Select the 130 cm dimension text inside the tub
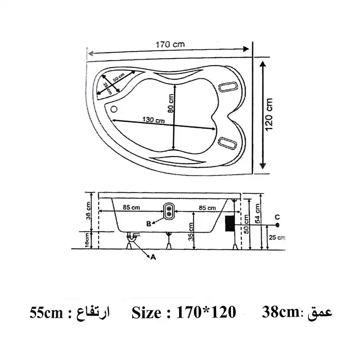(153, 120)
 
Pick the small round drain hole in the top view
(113, 108)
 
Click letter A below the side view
(153, 257)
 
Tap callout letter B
(148, 223)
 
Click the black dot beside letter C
(278, 224)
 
